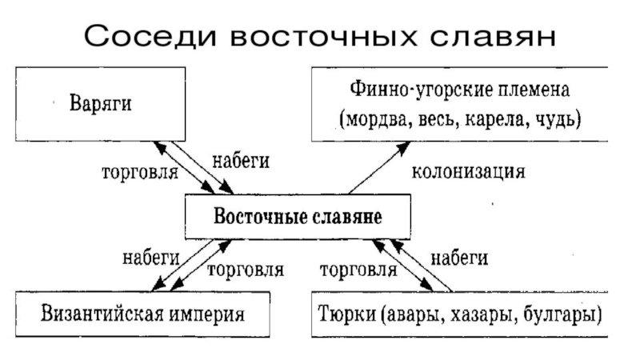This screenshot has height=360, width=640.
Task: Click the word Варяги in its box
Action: [x=101, y=104]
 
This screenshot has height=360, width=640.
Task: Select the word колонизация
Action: [x=468, y=172]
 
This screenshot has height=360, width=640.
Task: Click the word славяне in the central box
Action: [x=347, y=217]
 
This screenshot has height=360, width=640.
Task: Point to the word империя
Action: [x=207, y=315]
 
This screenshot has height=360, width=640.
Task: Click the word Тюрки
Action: [x=347, y=314]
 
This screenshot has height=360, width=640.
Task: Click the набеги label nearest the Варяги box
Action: [x=241, y=162]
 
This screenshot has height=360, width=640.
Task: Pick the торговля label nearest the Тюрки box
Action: [x=358, y=270]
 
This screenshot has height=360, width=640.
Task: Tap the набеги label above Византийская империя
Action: [x=151, y=258]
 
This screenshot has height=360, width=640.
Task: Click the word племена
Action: [x=534, y=90]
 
